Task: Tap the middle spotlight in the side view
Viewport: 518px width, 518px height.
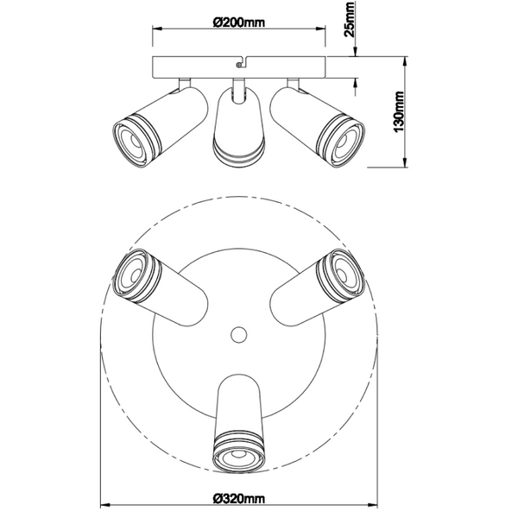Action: point(237,129)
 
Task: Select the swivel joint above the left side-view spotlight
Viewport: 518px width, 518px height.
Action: point(182,83)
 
